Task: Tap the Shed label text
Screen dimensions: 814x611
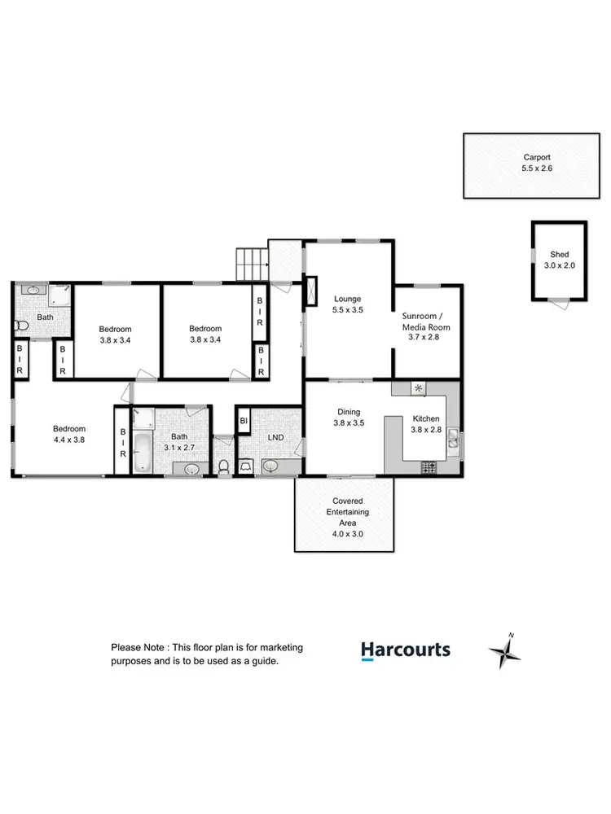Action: pos(559,259)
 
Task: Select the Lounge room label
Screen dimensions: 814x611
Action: pos(347,304)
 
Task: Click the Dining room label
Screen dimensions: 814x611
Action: pos(347,418)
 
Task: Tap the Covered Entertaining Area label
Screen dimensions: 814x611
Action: pos(347,511)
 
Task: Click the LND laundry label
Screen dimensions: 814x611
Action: pos(276,438)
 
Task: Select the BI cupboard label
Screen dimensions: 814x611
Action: pos(244,421)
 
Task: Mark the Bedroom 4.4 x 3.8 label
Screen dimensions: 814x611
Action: pos(69,434)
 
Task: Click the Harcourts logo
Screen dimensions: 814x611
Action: pos(405,650)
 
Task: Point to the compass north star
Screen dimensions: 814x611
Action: pos(504,651)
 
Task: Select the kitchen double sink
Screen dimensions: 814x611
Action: pos(452,442)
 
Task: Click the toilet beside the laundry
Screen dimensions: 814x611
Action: pos(224,466)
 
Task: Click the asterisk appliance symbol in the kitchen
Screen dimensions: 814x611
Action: pos(419,388)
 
